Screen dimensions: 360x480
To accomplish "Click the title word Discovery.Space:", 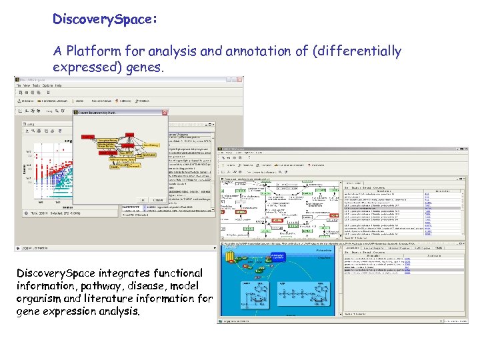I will point(105,20).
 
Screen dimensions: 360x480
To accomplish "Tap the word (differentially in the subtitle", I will point(358,51).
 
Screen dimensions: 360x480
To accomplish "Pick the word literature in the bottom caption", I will point(119,298).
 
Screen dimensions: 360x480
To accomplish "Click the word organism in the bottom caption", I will point(41,298).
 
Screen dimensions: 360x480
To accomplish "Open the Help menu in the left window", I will point(59,85).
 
